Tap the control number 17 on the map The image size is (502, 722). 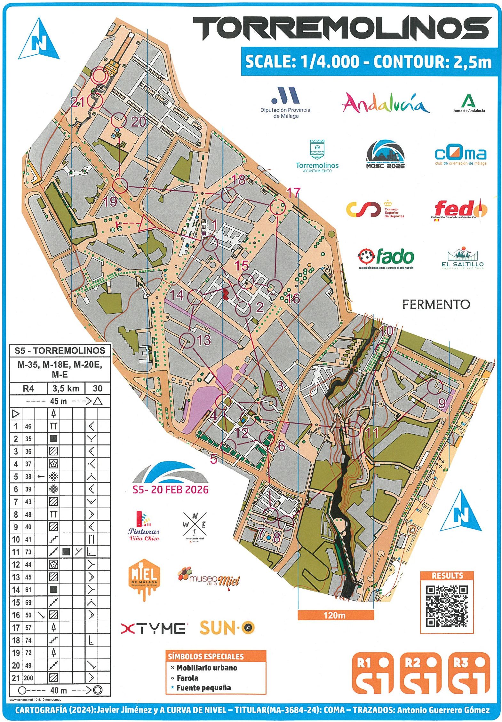293,192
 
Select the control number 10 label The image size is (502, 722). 386,330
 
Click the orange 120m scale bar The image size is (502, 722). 335,615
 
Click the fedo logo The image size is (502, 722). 459,210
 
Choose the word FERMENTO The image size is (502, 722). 436,304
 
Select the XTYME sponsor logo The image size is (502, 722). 153,628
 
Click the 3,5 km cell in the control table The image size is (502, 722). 66,388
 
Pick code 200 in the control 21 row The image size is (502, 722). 28,678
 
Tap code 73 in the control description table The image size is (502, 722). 28,552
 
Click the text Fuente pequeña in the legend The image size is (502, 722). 203,688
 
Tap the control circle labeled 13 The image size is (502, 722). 187,341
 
